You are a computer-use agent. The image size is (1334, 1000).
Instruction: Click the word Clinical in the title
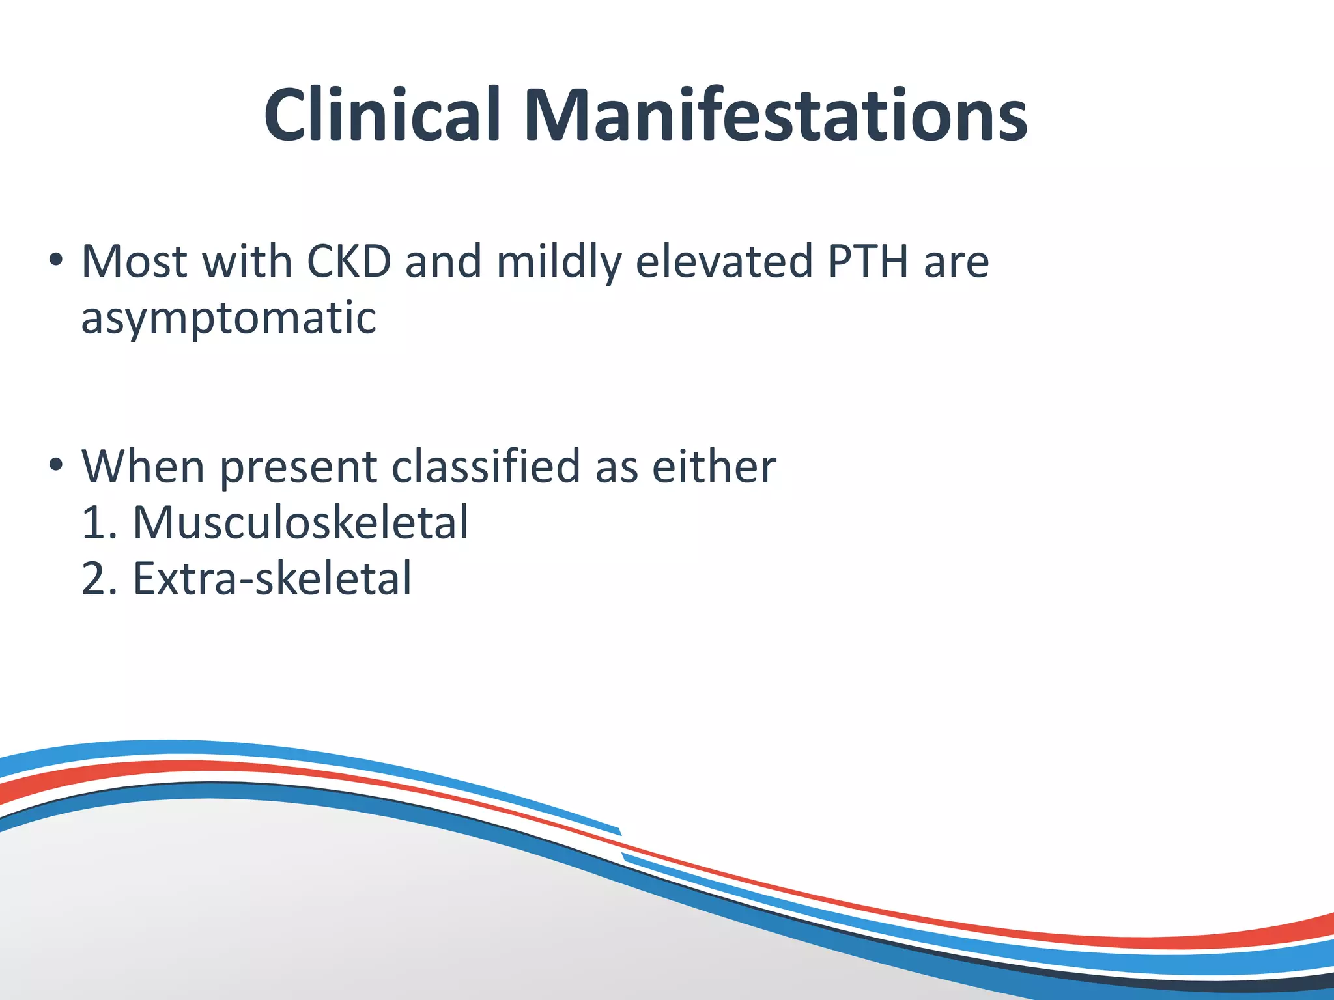click(382, 115)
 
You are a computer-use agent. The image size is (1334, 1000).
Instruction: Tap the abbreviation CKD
click(348, 262)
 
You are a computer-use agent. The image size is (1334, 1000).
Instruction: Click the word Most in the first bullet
click(134, 262)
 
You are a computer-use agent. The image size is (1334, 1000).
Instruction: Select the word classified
click(486, 466)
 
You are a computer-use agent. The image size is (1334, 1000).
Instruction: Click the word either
click(714, 466)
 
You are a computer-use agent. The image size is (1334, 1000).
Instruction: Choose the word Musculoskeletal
click(300, 522)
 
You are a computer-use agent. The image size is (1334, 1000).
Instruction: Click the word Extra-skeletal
click(272, 578)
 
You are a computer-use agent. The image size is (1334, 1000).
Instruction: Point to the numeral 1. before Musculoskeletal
click(99, 522)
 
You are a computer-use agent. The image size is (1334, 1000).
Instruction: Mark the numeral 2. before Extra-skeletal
click(99, 578)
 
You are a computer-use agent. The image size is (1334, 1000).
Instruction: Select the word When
click(143, 466)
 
